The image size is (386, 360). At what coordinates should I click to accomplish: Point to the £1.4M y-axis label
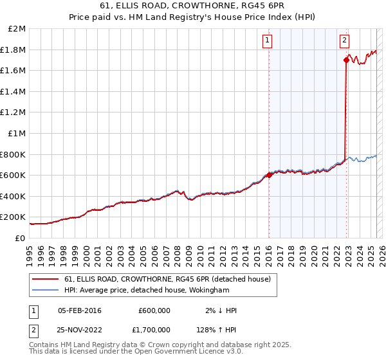[x=14, y=92]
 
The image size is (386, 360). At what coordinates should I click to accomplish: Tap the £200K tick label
[x=14, y=217]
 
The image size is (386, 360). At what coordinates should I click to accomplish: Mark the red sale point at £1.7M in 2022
[x=346, y=60]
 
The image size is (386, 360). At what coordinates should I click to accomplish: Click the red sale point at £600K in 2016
[x=269, y=175]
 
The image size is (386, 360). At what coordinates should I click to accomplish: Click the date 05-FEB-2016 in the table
[x=80, y=310]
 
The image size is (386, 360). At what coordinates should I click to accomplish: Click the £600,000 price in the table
[x=154, y=310]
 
